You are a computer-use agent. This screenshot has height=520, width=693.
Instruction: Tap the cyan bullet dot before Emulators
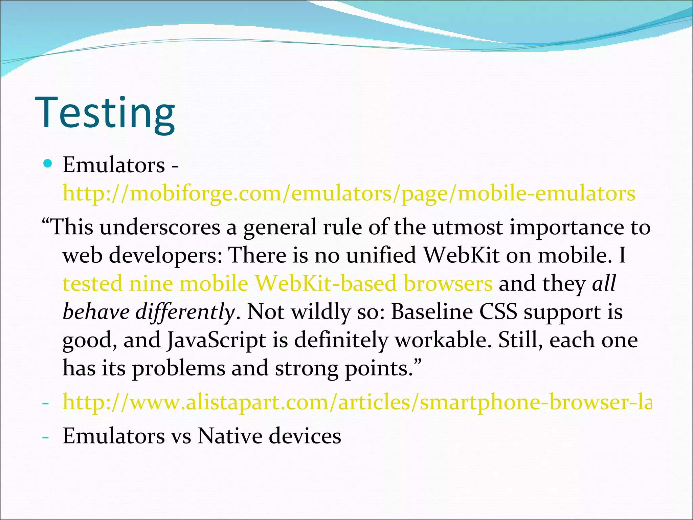48,164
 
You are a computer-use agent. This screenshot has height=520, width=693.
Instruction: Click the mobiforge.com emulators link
349,194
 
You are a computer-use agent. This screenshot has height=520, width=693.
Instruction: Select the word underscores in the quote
160,227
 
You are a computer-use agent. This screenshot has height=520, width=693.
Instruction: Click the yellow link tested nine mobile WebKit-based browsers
277,284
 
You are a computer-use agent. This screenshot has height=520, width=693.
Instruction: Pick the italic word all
604,284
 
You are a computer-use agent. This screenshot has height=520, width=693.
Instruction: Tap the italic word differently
185,312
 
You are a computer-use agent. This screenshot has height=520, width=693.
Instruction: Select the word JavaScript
216,340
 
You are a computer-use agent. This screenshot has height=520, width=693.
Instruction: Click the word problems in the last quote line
178,369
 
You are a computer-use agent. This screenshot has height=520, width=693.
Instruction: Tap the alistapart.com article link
357,403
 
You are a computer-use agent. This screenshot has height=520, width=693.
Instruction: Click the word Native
230,436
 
